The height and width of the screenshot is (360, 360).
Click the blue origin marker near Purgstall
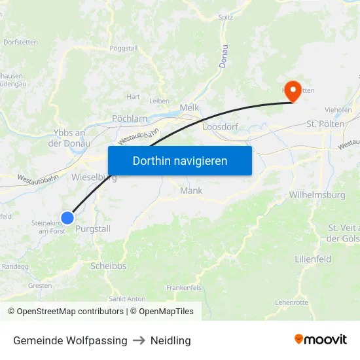click(x=67, y=218)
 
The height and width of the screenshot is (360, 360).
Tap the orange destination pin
click(x=292, y=91)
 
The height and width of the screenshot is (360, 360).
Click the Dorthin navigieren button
click(x=180, y=160)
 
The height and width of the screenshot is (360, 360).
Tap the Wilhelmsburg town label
click(x=317, y=195)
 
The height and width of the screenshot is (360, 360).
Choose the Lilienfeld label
click(x=313, y=259)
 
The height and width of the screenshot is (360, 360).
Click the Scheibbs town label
click(x=109, y=266)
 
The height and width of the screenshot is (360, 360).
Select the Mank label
click(x=191, y=191)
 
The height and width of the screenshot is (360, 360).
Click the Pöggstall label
click(x=123, y=48)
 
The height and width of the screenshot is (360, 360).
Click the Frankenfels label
click(x=184, y=287)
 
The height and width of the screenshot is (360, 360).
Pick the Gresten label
click(x=40, y=285)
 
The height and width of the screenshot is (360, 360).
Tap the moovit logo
click(x=321, y=340)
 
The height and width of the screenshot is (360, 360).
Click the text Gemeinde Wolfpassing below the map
click(x=70, y=340)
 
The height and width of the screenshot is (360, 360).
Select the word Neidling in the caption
click(x=170, y=340)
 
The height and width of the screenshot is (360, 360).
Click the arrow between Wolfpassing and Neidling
click(x=139, y=340)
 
